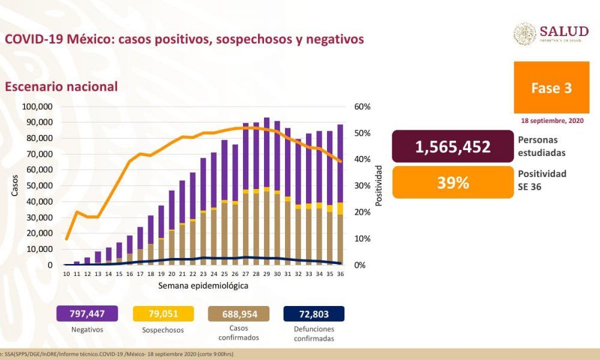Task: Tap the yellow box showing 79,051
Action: [x=164, y=314]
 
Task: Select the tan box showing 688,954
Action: [x=239, y=314]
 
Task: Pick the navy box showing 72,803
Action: [x=314, y=314]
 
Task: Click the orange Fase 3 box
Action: [x=551, y=88]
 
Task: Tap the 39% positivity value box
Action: [x=454, y=182]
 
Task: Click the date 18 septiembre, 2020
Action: [x=552, y=121]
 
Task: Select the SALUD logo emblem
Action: [x=525, y=34]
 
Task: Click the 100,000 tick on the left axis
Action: [x=37, y=107]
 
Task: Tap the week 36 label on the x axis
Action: [x=340, y=274]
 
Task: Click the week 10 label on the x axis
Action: [x=67, y=274]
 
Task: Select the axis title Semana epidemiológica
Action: [x=203, y=286]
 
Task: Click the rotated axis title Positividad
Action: [x=379, y=186]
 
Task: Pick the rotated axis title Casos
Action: [x=14, y=186]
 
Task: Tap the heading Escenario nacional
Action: [x=61, y=86]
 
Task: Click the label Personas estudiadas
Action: [x=541, y=146]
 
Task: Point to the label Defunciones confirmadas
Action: [x=314, y=334]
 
